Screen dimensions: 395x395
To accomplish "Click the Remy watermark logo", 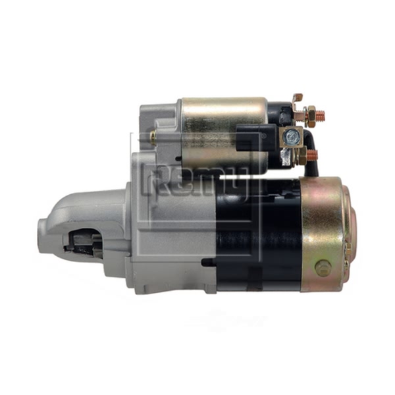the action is tap(196, 180).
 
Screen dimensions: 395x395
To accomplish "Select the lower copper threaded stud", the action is tap(312, 155).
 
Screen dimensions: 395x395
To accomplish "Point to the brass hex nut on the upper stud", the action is tap(310, 115).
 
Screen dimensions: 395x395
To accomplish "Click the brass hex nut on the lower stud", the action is tap(302, 156).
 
